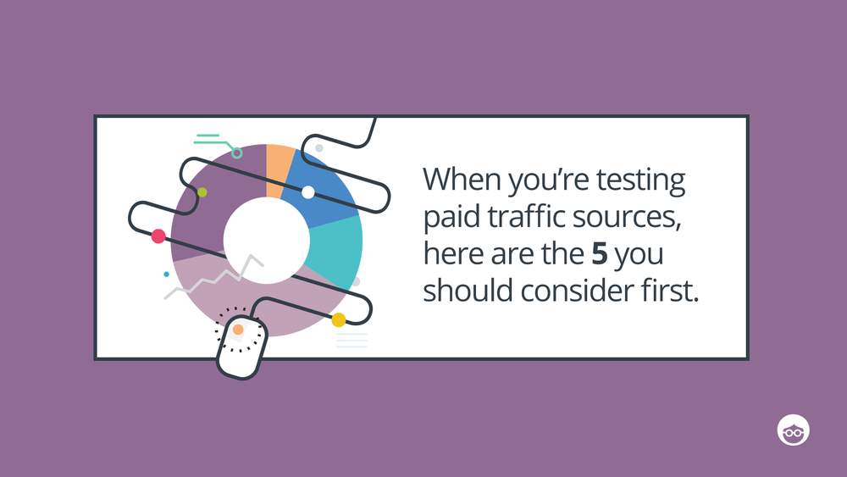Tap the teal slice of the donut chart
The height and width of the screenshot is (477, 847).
pos(337,250)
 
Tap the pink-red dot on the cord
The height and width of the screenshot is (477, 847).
pos(158,236)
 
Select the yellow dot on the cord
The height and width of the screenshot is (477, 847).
pos(339,319)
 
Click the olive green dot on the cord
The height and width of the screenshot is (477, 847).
pos(202,193)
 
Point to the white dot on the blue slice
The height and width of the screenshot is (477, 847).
pos(307,192)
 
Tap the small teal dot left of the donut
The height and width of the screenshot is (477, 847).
pos(166,275)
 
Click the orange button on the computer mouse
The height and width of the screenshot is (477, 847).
pos(238,329)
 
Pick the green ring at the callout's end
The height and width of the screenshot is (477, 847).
pos(237,153)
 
